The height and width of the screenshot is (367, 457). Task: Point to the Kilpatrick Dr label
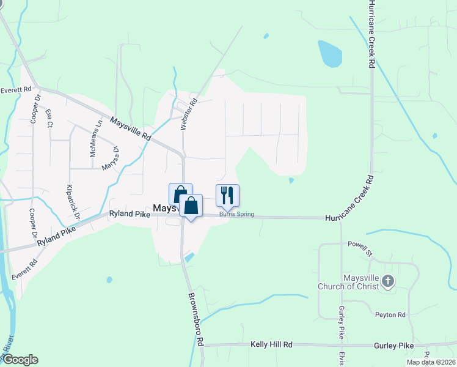73,202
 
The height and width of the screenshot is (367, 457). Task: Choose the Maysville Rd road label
130,128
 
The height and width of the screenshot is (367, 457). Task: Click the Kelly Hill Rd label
271,345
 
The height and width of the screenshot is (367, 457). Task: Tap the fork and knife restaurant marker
227,195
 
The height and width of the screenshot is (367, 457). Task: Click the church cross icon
388,282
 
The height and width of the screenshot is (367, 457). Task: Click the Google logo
20,360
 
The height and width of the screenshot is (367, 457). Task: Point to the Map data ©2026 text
430,362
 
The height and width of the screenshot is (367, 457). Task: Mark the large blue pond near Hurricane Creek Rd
330,54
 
